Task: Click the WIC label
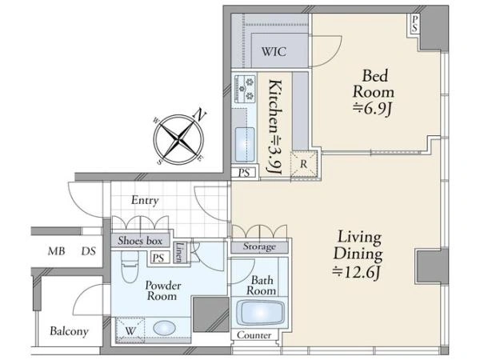coord(274,51)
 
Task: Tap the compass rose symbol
coord(179,138)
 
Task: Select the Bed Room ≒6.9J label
coord(374,93)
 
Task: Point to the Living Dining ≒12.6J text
coord(358,254)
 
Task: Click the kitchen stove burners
coord(245,89)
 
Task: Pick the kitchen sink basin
coord(245,145)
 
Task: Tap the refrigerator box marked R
coord(303,164)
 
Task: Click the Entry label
coord(145,200)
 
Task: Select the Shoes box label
coord(140,241)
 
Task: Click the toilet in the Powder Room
coord(130,266)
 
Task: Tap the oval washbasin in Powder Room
coord(164,328)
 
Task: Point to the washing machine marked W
coord(130,330)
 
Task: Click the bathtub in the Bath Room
coord(261,313)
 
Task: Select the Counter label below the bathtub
coord(254,335)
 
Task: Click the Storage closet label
coord(259,246)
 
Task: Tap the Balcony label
coord(69,331)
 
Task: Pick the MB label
coord(56,251)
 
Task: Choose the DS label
coord(89,251)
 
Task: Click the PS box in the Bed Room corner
coord(414,24)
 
